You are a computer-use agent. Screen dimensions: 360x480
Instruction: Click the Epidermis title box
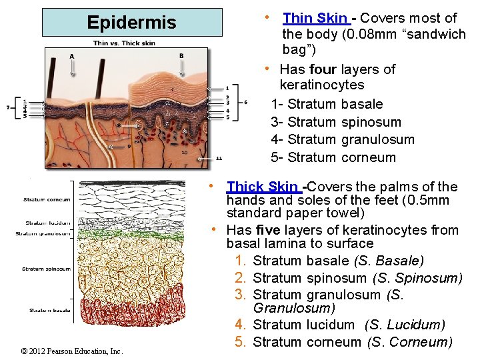click(x=131, y=22)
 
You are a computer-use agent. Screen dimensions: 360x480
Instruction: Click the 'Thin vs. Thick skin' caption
click(x=124, y=43)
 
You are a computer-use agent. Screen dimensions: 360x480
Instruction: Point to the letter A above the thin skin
click(x=71, y=56)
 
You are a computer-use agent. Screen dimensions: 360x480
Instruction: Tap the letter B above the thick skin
click(x=181, y=56)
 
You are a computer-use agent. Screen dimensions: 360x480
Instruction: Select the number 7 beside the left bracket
click(x=8, y=107)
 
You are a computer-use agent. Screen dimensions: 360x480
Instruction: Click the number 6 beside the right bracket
click(x=246, y=102)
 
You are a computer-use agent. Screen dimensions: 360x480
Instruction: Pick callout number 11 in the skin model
click(x=219, y=159)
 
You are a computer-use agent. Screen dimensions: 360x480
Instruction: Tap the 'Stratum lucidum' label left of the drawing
click(x=47, y=223)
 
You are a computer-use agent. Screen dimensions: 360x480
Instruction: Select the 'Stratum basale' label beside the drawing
click(x=49, y=310)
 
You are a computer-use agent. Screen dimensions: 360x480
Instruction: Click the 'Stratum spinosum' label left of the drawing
click(x=47, y=269)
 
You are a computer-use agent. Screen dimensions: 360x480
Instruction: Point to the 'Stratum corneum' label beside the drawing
click(x=47, y=199)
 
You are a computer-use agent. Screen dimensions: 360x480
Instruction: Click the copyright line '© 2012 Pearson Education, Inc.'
click(x=72, y=351)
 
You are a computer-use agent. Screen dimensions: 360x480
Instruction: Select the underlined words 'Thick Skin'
click(x=263, y=187)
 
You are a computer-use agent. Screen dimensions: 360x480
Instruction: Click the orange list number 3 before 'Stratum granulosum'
click(x=241, y=294)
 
